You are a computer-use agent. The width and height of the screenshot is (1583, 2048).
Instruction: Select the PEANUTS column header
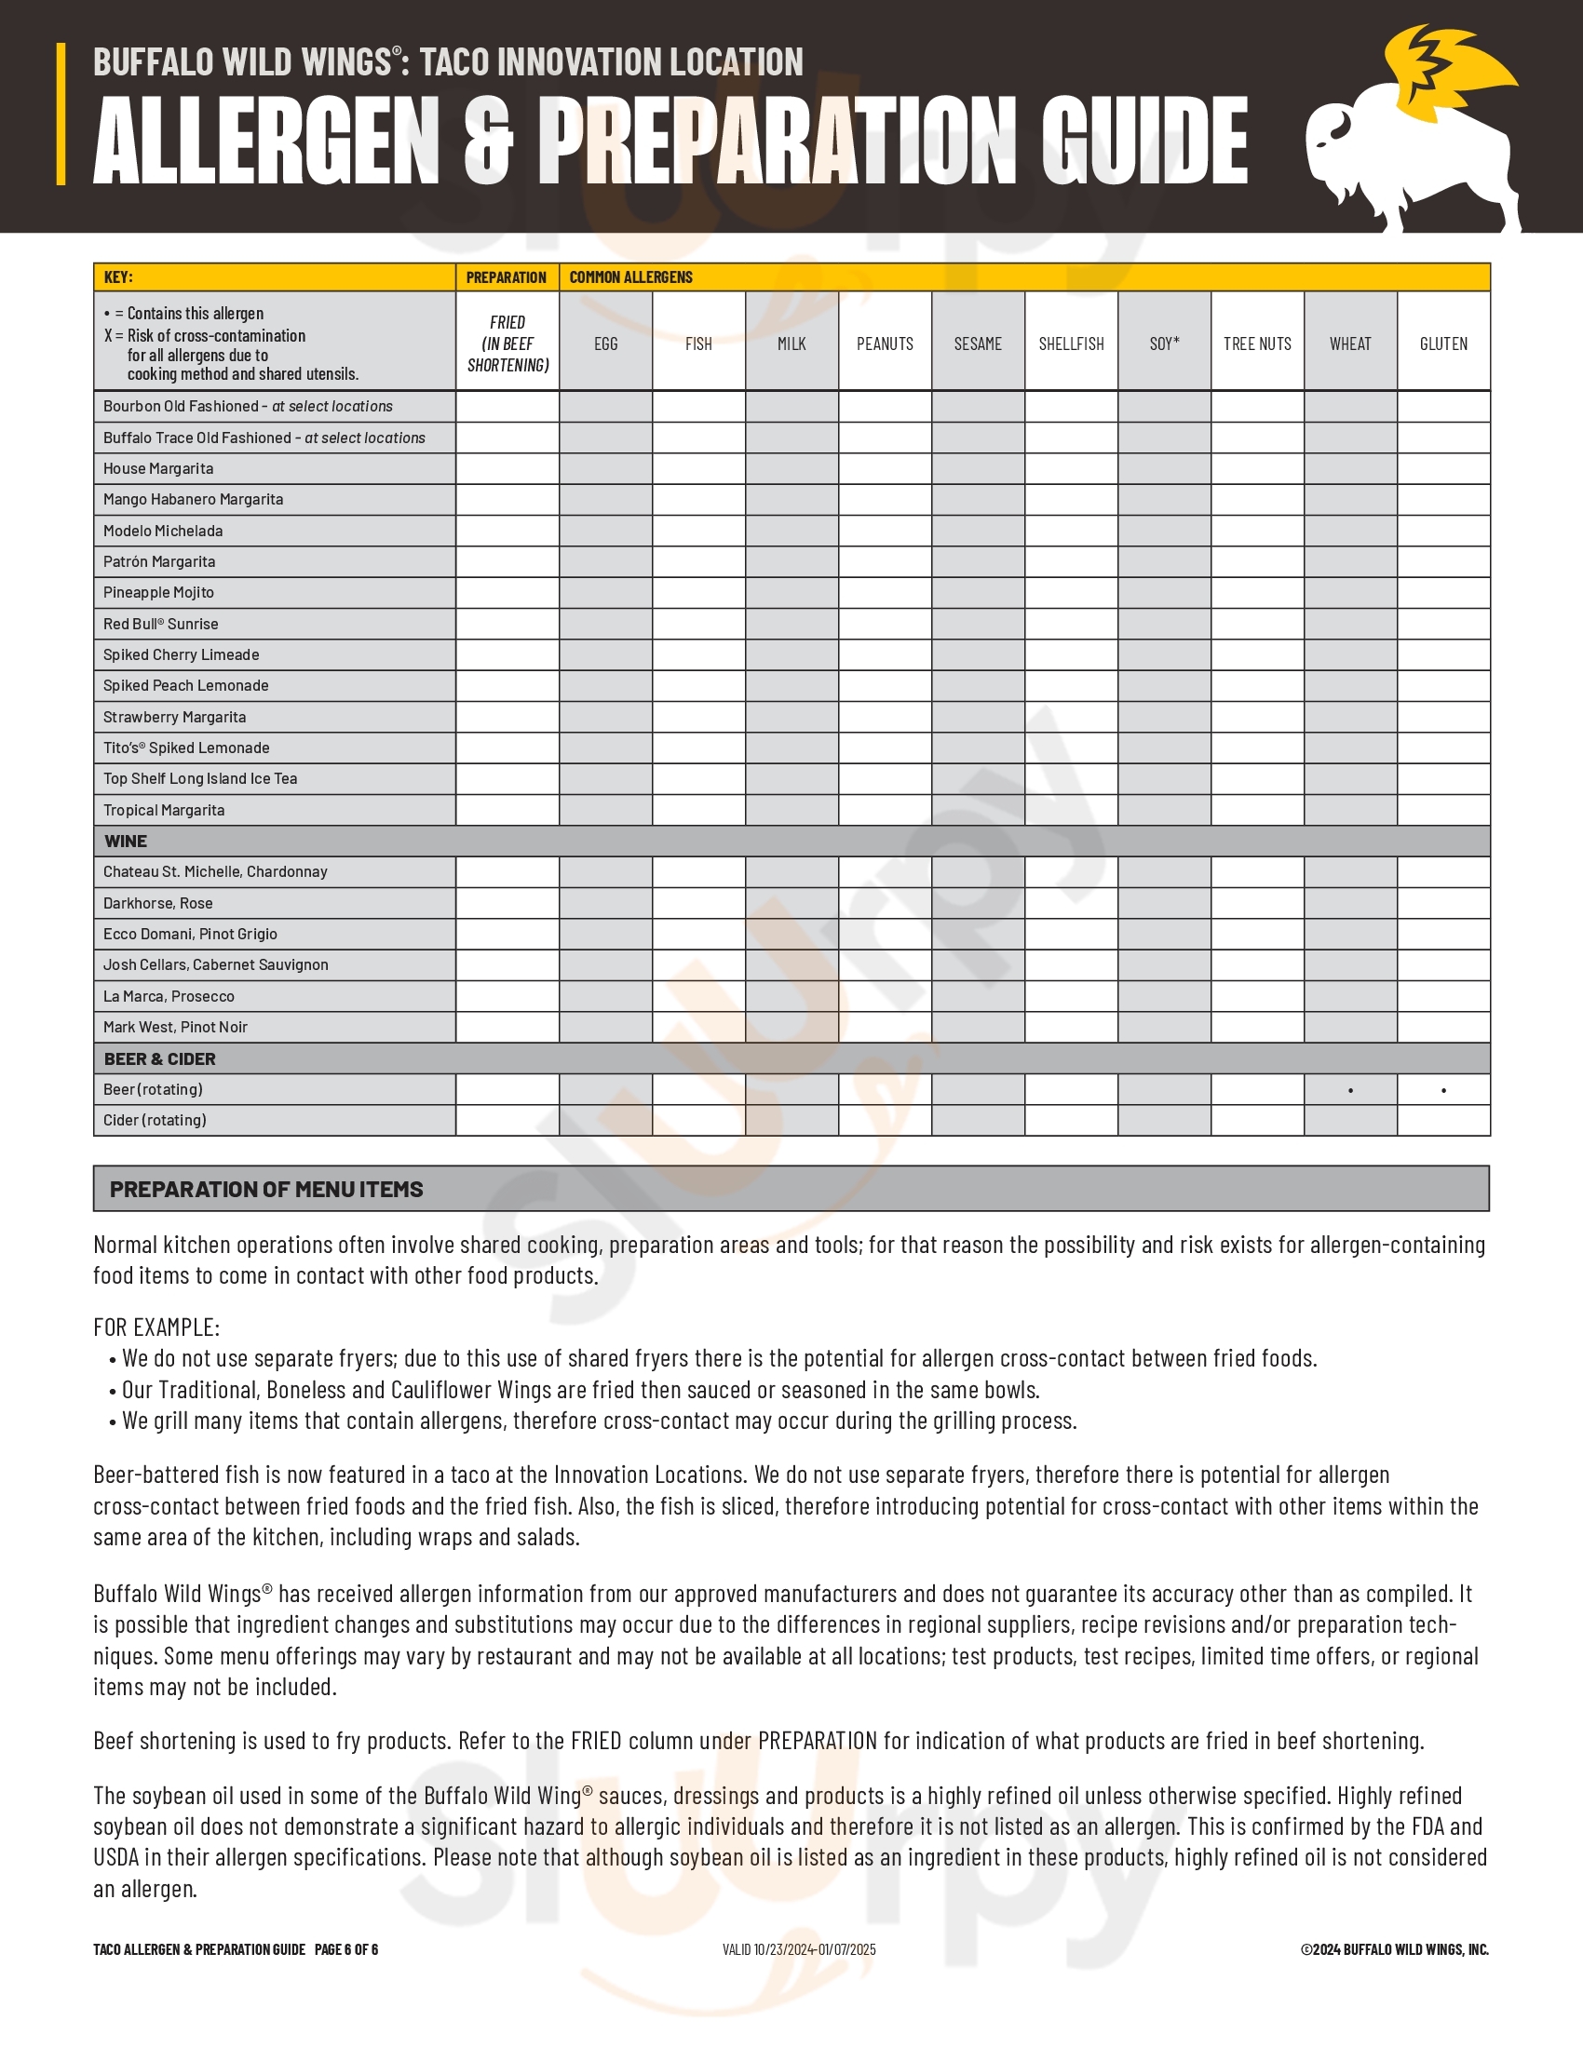[x=885, y=344]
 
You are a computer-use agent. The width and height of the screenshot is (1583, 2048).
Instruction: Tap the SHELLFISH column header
[x=1071, y=344]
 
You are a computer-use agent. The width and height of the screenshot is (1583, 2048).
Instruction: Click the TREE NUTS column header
[x=1257, y=344]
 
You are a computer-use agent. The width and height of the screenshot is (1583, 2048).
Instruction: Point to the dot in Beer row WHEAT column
[x=1350, y=1091]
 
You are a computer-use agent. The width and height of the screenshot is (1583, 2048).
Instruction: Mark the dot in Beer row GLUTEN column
[x=1443, y=1091]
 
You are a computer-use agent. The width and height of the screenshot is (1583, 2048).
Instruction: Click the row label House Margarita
[x=158, y=469]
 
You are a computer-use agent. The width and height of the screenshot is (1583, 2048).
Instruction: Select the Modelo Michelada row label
[x=163, y=531]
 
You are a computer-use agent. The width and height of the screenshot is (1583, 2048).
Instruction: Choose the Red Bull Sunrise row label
[x=160, y=624]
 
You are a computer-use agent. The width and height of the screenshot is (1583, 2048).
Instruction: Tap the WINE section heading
[x=126, y=842]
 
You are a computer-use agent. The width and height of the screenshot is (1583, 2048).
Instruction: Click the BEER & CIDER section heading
[x=159, y=1058]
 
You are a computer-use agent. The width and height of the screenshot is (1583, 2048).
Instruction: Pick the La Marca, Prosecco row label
[x=169, y=996]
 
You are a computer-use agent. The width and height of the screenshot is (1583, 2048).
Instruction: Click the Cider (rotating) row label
[x=155, y=1121]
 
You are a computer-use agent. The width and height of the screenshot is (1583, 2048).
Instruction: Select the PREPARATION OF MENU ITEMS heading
[x=266, y=1189]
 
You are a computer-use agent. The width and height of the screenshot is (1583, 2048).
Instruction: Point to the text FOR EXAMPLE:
[x=156, y=1327]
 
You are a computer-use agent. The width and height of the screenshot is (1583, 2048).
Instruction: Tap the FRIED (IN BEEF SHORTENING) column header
[x=507, y=344]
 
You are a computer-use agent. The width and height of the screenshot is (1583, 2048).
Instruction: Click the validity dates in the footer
[x=799, y=1949]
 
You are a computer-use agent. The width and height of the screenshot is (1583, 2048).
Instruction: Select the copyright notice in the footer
[x=1395, y=1949]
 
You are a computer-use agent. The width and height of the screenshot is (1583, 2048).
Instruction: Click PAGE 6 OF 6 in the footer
[x=346, y=1949]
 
